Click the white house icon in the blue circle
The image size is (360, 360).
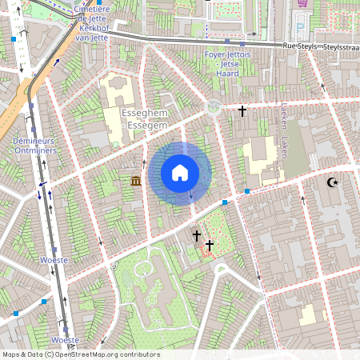180,172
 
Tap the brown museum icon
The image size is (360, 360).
134,182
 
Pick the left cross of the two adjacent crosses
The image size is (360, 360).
197,236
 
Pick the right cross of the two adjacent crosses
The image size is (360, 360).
210,245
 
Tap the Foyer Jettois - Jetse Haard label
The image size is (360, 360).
227,62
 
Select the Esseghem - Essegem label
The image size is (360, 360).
145,120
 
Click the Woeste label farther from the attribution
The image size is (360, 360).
53,261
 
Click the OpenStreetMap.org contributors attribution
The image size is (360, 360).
81,354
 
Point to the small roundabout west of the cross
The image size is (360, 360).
214,107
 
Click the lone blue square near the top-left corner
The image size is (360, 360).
13,38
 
